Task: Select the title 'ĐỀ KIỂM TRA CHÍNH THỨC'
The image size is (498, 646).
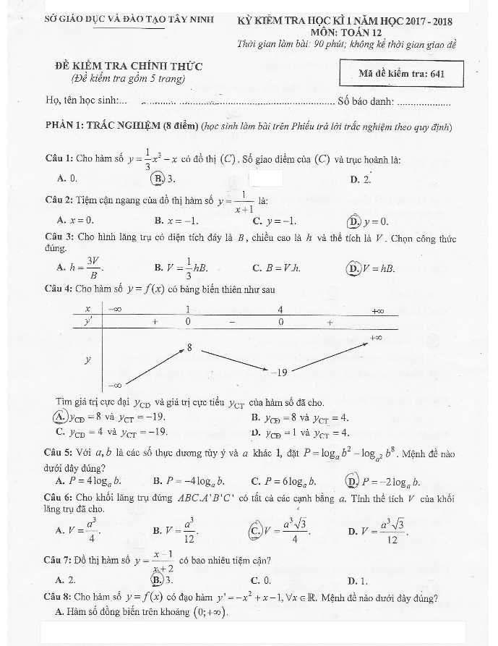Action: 129,67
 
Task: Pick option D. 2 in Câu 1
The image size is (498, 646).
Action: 360,179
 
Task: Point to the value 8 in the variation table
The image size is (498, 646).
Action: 189,348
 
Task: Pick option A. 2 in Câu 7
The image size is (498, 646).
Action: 66,580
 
